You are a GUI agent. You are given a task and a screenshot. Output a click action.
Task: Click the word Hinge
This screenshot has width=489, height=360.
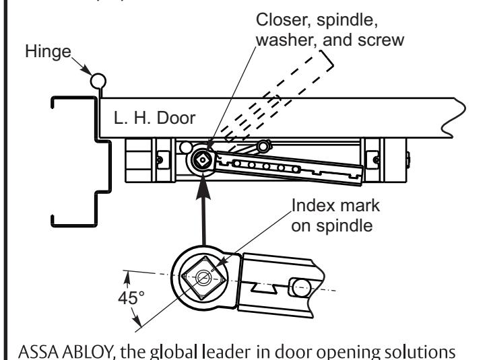pyautogui.click(x=48, y=52)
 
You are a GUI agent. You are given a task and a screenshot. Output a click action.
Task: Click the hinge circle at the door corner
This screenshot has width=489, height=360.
pyautogui.click(x=98, y=81)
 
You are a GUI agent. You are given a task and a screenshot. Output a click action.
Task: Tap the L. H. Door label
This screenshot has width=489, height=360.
pyautogui.click(x=154, y=118)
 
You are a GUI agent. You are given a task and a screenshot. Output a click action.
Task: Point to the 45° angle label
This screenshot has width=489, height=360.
pyautogui.click(x=131, y=297)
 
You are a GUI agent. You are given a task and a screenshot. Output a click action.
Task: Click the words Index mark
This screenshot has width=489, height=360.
pyautogui.click(x=335, y=206)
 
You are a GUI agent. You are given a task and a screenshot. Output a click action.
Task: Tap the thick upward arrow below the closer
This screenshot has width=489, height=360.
pyautogui.click(x=203, y=212)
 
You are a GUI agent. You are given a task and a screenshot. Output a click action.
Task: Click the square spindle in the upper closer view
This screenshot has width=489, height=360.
pyautogui.click(x=203, y=160)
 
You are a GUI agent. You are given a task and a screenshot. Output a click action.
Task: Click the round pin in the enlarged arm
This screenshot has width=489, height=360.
pyautogui.click(x=300, y=287)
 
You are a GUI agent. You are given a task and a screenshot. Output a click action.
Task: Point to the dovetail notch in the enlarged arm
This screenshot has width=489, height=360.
pyautogui.click(x=264, y=287)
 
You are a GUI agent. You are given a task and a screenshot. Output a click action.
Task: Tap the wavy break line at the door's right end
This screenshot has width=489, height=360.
pyautogui.click(x=455, y=118)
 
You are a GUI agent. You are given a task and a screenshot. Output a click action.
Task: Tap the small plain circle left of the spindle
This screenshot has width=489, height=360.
pyautogui.click(x=186, y=148)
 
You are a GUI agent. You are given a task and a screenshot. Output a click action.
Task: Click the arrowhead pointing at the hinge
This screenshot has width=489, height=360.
pyautogui.click(x=88, y=71)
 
